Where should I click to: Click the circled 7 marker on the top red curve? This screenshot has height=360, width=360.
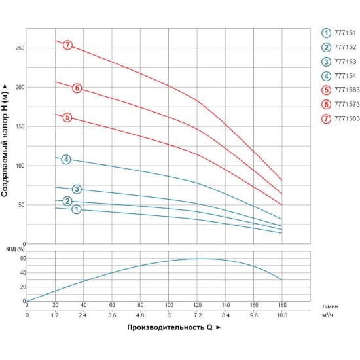(67, 45)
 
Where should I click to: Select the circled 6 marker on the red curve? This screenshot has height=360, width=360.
(77, 88)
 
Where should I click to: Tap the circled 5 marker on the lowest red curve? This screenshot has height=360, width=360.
(67, 117)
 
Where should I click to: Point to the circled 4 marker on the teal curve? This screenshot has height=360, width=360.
(66, 159)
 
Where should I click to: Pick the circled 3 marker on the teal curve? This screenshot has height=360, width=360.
(77, 189)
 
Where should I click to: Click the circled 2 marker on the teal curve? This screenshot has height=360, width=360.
(67, 201)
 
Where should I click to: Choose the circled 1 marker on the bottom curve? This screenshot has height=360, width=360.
(77, 209)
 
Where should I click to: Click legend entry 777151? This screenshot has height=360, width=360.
(339, 33)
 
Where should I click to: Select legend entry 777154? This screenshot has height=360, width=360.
(339, 76)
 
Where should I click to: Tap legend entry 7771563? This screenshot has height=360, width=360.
(341, 90)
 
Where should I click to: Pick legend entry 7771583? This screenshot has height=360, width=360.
(341, 118)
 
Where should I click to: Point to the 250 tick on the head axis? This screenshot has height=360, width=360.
(20, 48)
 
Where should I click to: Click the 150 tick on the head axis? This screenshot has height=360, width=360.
(20, 126)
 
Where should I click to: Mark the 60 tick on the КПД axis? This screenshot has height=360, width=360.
(23, 259)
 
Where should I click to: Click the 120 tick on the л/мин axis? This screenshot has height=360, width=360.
(197, 305)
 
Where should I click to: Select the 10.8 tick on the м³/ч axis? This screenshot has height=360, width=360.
(282, 315)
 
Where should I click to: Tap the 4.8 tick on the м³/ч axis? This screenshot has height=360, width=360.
(140, 315)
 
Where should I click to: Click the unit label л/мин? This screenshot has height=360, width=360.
(330, 306)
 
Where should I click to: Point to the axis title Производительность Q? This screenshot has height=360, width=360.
(170, 327)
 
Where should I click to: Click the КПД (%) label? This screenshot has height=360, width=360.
(15, 249)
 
